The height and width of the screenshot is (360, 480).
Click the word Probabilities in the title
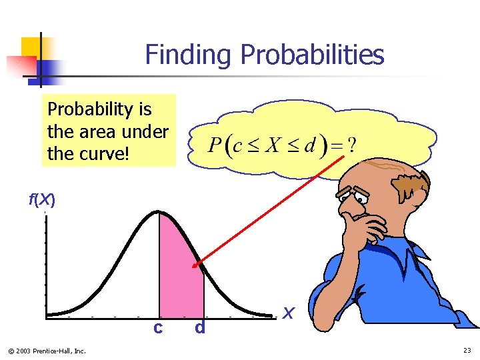pyautogui.click(x=313, y=55)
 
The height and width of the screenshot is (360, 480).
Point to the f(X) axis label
pyautogui.click(x=41, y=199)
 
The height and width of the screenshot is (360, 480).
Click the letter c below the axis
pyautogui.click(x=157, y=327)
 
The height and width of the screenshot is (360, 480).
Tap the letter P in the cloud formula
pyautogui.click(x=215, y=145)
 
